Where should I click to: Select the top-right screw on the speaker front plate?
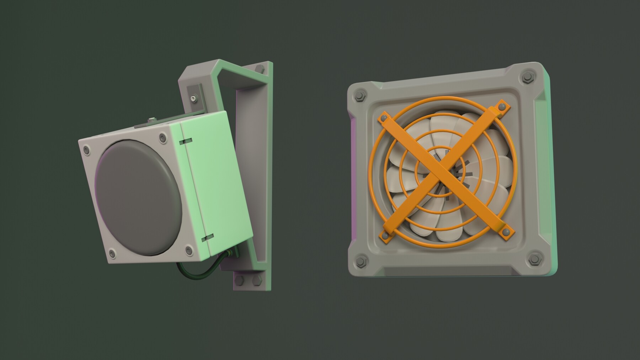tap(163, 137)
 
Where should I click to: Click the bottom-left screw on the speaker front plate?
tap(112, 253)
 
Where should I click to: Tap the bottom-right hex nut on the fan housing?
tap(534, 259)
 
